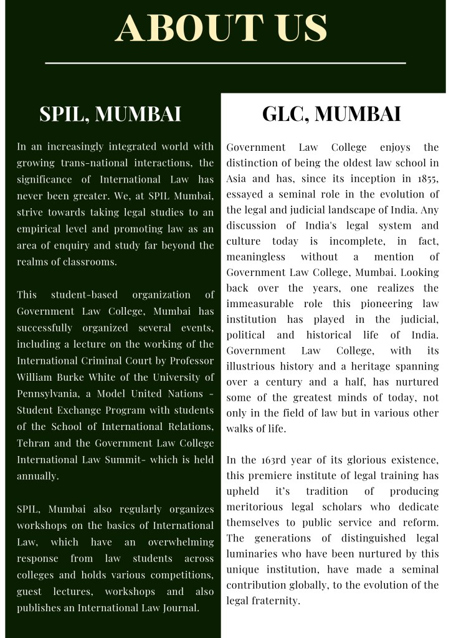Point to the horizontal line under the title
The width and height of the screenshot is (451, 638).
225,63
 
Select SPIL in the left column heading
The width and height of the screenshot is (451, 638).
63,114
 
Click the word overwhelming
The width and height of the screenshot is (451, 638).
181,542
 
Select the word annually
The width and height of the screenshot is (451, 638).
38,476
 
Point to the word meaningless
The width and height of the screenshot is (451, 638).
256,257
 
